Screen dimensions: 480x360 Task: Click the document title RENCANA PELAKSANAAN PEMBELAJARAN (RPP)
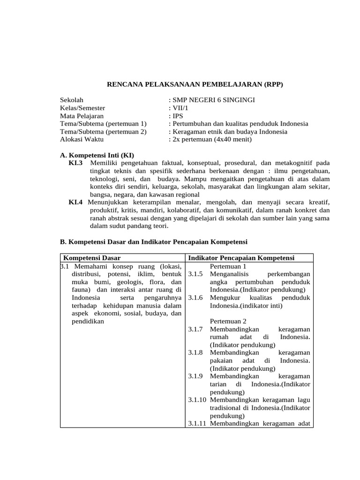click(195, 84)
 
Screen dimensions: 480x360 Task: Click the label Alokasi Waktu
click(82, 139)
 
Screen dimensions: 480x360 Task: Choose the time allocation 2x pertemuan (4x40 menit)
click(212, 139)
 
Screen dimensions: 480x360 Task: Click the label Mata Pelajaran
click(82, 116)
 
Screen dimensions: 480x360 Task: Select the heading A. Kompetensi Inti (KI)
click(100, 155)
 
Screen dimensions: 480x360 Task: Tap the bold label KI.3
click(75, 163)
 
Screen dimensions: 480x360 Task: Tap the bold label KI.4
click(75, 202)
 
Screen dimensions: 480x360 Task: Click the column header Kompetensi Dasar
click(92, 258)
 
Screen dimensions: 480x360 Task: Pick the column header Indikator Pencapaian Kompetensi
click(241, 258)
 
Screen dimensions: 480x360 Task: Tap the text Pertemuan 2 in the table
click(228, 321)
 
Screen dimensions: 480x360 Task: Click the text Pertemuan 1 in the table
click(228, 266)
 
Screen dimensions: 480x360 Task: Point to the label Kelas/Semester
click(82, 108)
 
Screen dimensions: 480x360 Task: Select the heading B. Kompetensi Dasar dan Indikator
click(153, 242)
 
